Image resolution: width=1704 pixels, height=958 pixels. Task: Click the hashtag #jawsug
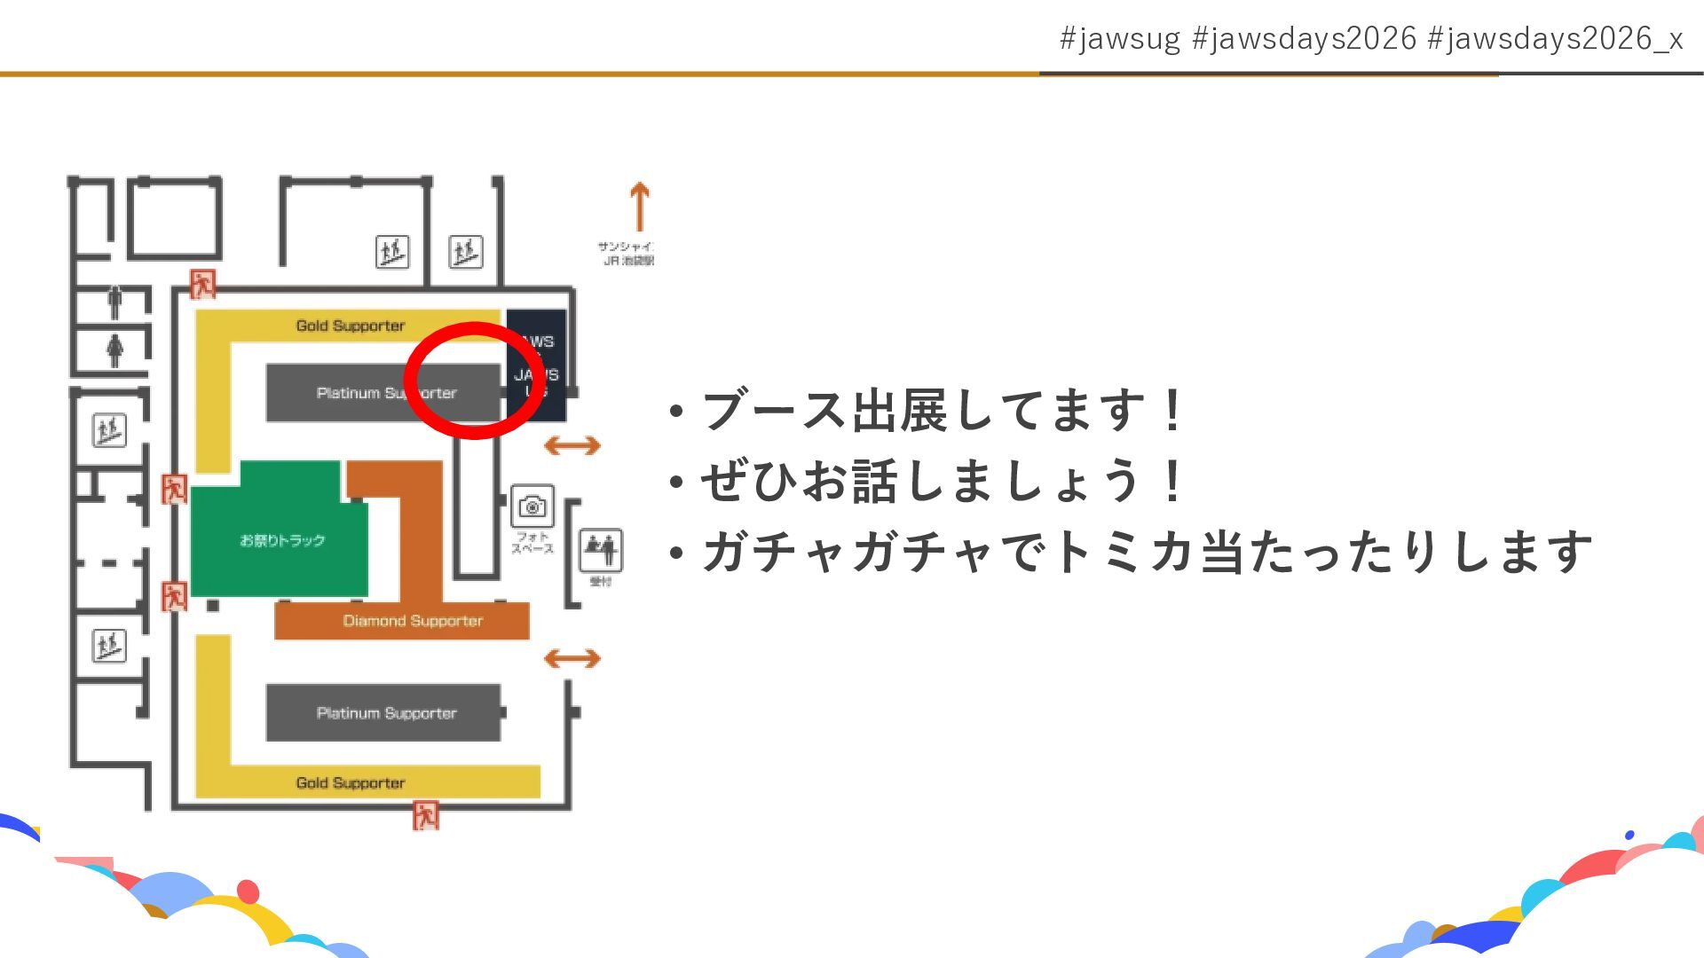[1120, 39]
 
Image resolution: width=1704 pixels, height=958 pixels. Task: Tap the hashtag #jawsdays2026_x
[1555, 39]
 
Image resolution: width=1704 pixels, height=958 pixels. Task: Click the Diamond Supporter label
[413, 621]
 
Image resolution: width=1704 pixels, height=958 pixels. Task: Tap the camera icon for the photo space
[532, 506]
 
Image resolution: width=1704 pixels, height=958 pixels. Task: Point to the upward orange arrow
[639, 207]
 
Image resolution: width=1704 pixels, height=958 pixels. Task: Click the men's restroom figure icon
[114, 302]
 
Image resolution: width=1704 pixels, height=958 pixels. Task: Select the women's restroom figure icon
[114, 349]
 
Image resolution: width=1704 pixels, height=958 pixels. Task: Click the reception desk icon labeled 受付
[601, 550]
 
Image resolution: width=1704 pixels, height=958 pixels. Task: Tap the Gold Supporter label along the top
[350, 326]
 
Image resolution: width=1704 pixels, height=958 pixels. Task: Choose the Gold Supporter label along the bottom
[350, 782]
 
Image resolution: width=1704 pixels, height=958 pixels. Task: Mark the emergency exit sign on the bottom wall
[426, 814]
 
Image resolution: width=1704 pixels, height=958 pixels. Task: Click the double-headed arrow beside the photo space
[572, 445]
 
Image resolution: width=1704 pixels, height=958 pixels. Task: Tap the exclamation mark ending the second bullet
[1172, 481]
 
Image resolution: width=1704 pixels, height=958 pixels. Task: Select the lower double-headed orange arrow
[572, 658]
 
